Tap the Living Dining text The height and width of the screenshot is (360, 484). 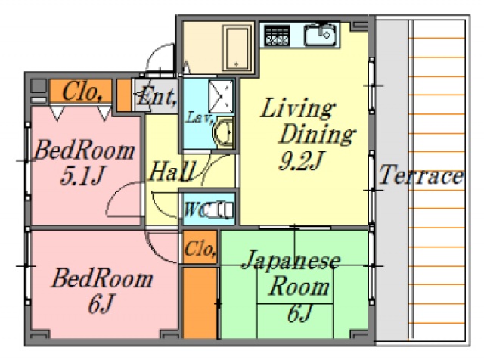(302, 122)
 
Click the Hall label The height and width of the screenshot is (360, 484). (172, 170)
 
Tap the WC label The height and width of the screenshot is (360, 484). (194, 209)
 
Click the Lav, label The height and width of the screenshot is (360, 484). (197, 117)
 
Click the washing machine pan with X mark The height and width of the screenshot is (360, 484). (224, 97)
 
